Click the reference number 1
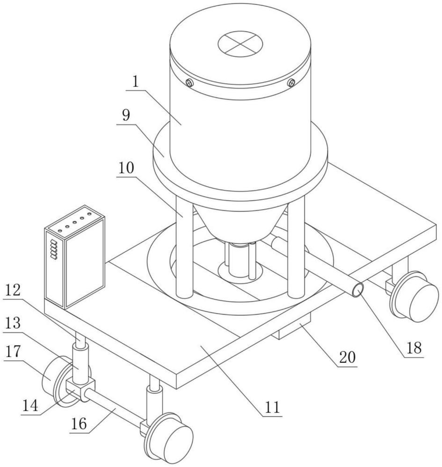135,81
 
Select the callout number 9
126,115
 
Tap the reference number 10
126,168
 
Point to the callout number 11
272,407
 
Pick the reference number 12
13,290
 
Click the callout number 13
13,323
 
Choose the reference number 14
30,405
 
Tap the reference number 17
13,351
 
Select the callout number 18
413,347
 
